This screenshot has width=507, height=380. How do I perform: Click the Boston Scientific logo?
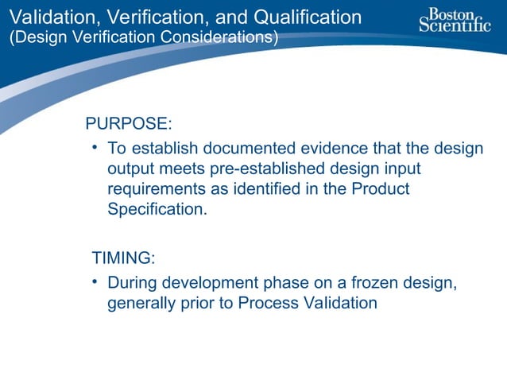[x=455, y=20]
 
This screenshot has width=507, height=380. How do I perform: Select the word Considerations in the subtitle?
[x=212, y=38]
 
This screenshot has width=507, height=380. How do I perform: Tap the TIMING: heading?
[x=123, y=258]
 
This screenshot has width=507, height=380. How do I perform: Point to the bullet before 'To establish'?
[x=95, y=148]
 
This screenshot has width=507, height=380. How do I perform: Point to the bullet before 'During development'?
[x=95, y=281]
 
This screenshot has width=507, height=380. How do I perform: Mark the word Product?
[x=381, y=190]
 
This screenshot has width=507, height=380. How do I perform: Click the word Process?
[x=265, y=303]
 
